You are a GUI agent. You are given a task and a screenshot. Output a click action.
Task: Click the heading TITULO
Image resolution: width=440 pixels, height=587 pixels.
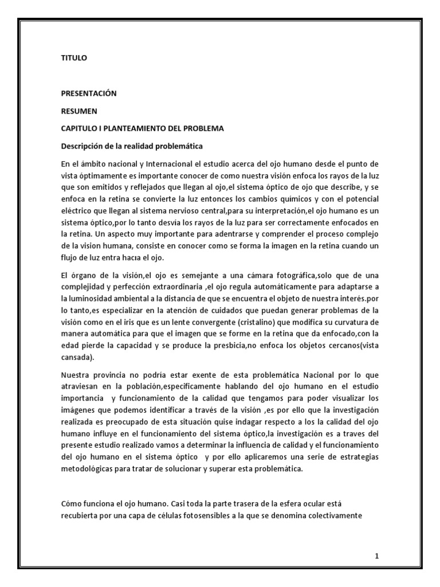click(x=74, y=58)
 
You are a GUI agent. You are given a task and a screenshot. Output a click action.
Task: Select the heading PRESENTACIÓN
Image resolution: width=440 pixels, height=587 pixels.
click(x=89, y=93)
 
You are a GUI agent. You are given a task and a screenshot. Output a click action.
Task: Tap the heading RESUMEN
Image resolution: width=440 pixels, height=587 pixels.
click(x=79, y=111)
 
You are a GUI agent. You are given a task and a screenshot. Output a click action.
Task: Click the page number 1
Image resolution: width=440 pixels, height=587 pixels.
click(x=377, y=555)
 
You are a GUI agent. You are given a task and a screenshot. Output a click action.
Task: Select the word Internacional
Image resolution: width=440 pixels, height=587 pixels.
click(x=175, y=165)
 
